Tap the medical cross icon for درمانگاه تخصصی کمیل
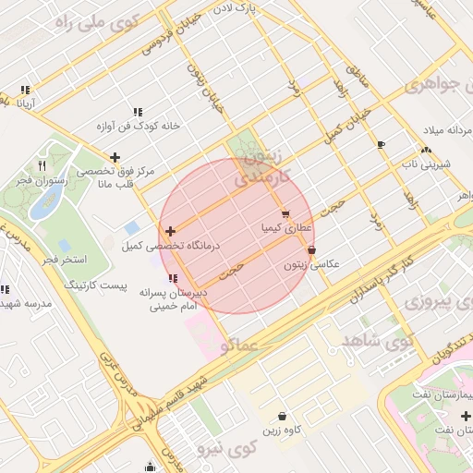coord(170,230)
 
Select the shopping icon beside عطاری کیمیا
coord(285,213)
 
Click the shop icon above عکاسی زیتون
coord(311,249)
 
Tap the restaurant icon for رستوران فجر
coord(42,166)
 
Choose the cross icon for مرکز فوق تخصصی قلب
coord(115,157)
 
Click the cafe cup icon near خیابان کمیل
coord(381,144)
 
